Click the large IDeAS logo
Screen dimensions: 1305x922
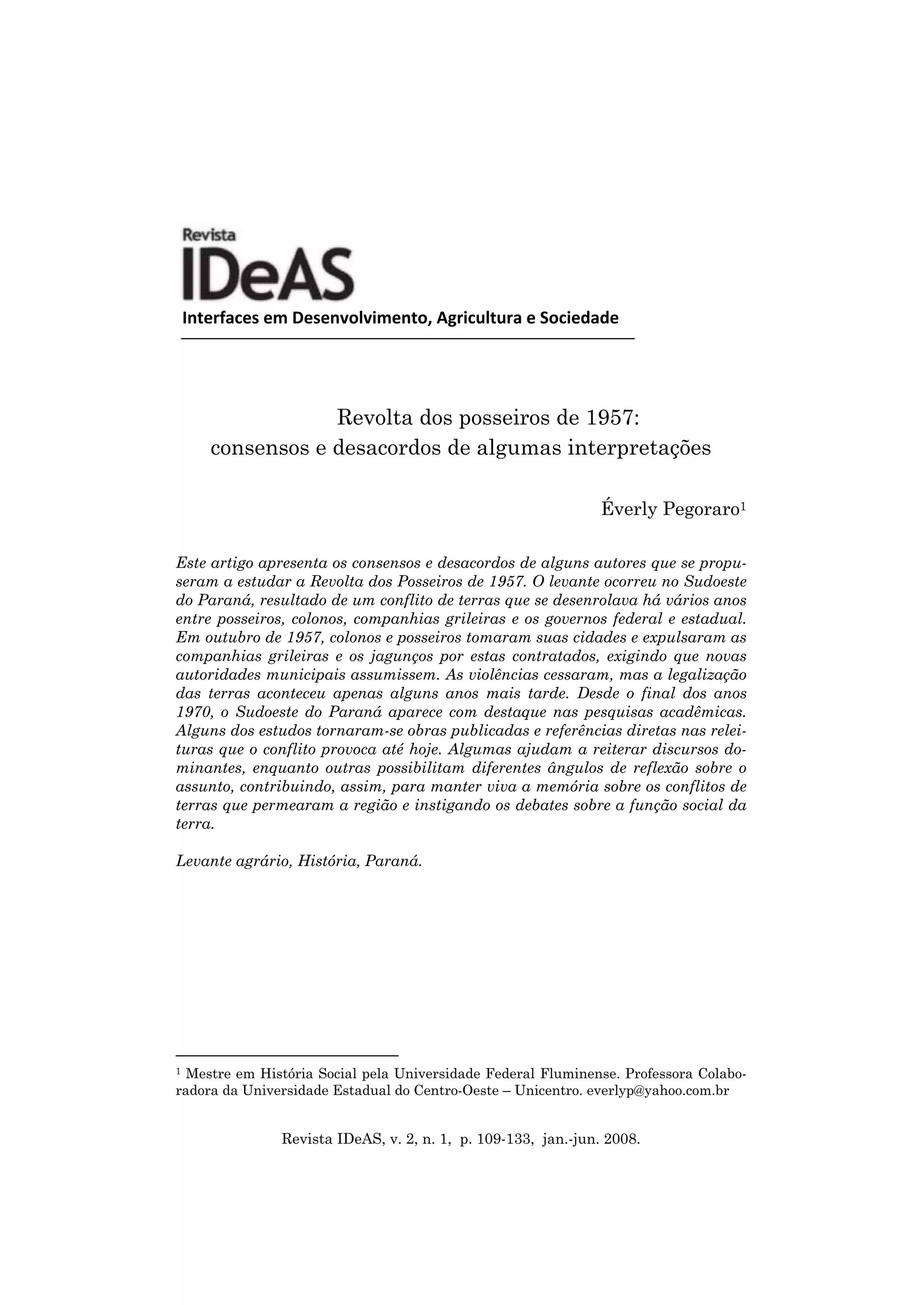point(267,274)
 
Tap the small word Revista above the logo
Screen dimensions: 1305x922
point(209,234)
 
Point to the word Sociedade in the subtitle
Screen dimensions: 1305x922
point(579,318)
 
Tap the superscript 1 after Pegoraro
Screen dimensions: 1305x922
point(742,505)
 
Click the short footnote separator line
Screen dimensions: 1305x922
point(287,1055)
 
